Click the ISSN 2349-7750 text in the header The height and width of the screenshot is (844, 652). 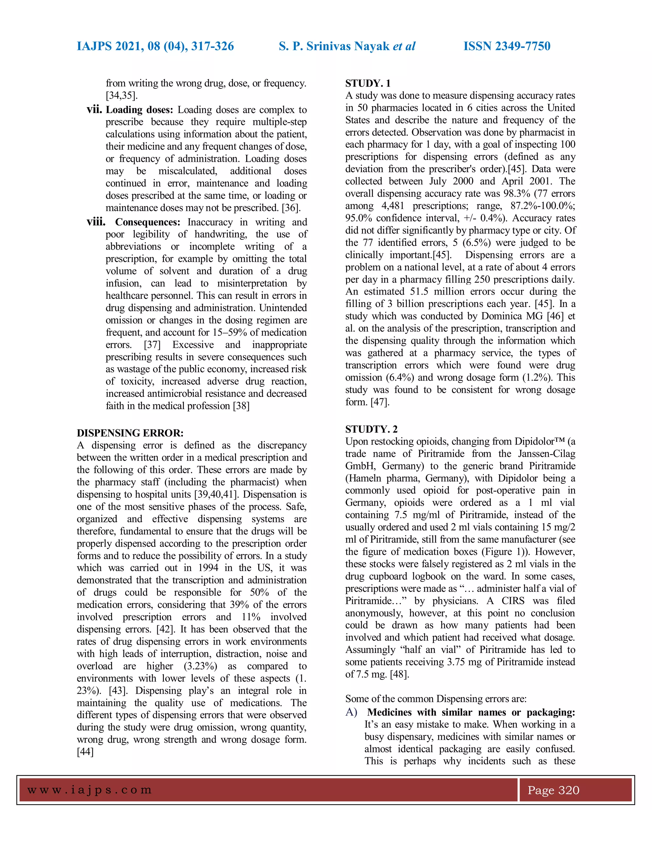[507, 46]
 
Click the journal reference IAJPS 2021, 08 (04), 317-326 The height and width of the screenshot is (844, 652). [155, 46]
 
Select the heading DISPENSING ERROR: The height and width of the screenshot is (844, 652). [130, 433]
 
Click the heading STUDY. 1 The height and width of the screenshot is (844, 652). [368, 83]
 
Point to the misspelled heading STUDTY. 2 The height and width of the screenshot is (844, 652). [371, 429]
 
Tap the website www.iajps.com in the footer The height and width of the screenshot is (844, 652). [89, 790]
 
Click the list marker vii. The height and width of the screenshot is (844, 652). [95, 110]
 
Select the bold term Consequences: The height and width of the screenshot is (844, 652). [147, 222]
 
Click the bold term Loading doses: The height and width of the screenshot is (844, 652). [139, 110]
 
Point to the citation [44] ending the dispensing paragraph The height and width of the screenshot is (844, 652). [85, 752]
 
